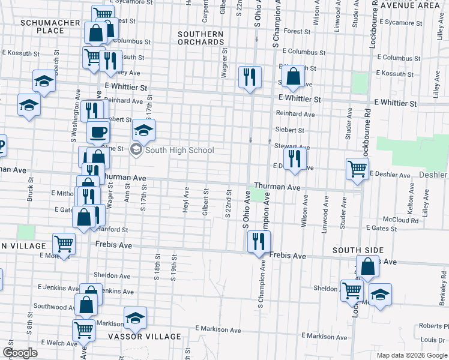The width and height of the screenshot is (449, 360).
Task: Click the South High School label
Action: (179, 150)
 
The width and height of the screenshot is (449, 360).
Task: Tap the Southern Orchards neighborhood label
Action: (200, 38)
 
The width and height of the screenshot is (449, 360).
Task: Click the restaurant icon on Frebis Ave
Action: (259, 242)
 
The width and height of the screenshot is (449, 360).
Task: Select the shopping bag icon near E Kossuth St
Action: (293, 76)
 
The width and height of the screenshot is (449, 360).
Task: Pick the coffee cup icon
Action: (98, 131)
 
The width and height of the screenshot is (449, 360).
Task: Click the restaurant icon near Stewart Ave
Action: (294, 158)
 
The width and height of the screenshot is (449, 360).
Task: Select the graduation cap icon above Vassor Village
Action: (136, 318)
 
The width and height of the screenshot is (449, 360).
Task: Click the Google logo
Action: (20, 353)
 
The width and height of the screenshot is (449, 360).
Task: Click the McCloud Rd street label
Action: (400, 220)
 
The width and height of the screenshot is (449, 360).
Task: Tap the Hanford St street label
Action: (116, 229)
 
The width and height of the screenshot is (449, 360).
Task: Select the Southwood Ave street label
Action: (53, 306)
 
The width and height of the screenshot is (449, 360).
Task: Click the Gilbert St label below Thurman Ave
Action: (205, 202)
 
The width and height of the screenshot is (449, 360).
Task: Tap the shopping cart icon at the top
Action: (103, 14)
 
